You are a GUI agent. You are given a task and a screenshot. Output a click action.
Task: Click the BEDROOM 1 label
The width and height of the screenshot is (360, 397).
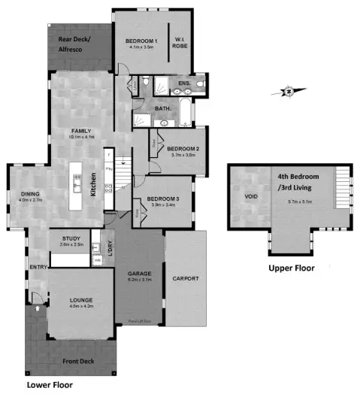click(142, 40)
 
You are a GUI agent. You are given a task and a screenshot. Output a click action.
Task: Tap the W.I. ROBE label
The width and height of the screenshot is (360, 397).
click(180, 43)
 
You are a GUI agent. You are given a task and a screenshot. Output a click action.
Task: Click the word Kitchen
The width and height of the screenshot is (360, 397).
click(93, 183)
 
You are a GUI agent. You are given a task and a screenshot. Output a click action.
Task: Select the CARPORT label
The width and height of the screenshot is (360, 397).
click(184, 278)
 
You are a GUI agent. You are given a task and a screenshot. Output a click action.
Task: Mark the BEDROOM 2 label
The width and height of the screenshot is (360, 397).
click(183, 149)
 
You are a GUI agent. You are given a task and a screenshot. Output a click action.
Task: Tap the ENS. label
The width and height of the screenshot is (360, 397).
click(183, 83)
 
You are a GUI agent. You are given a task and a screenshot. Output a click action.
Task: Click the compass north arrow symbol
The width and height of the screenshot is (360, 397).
click(286, 92)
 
